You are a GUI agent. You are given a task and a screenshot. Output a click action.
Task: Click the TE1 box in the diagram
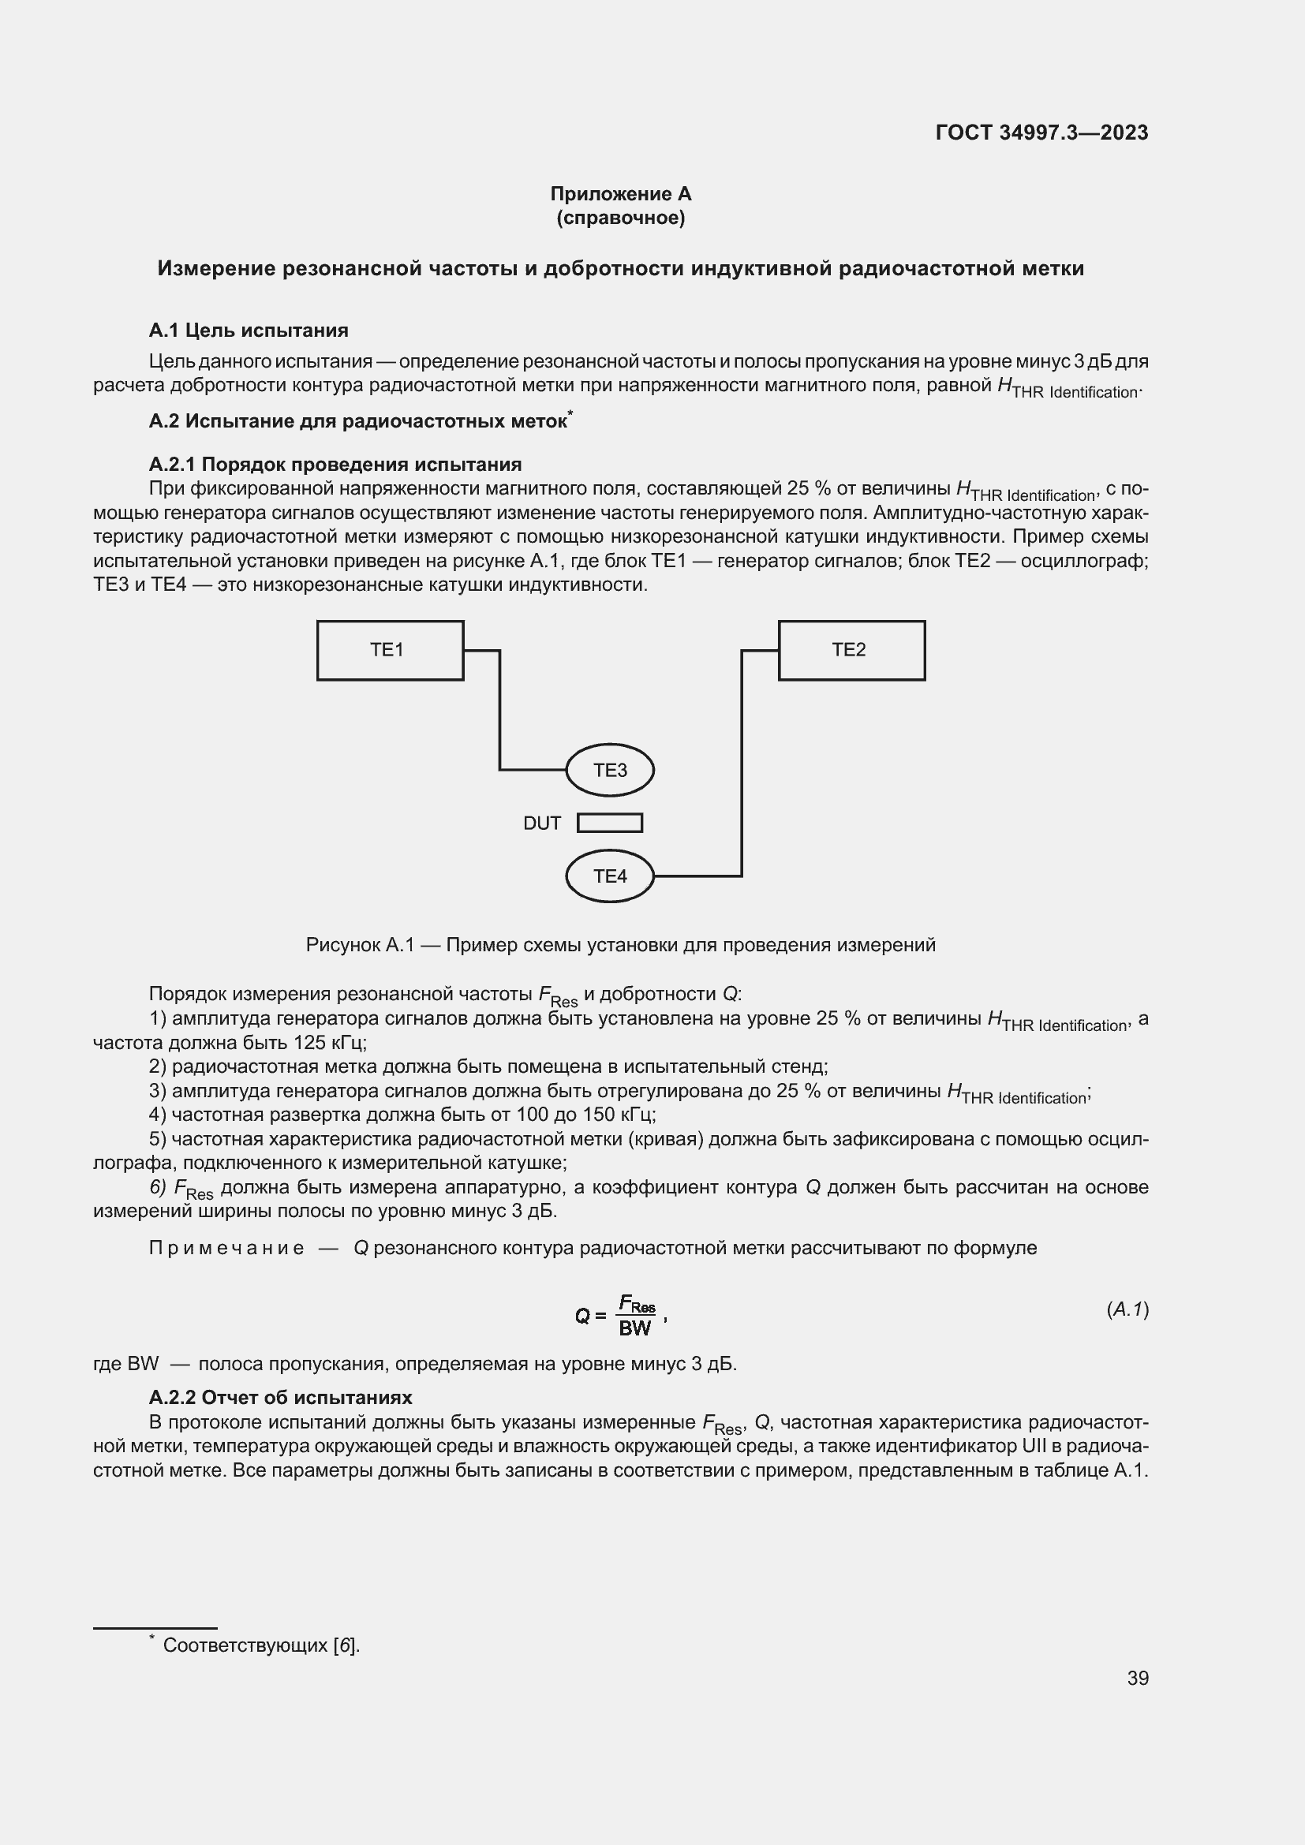(390, 650)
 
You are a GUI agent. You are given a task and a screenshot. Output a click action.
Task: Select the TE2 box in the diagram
(851, 650)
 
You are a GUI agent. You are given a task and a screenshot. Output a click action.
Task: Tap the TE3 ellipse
(610, 770)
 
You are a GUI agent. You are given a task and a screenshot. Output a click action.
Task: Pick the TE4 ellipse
(610, 876)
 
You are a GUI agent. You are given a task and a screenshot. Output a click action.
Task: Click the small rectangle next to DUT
(610, 823)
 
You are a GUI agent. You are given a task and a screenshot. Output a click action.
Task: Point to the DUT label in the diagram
(541, 824)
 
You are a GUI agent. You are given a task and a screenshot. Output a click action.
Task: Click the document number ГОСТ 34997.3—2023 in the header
(1041, 133)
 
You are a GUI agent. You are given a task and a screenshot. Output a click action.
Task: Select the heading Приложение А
(620, 194)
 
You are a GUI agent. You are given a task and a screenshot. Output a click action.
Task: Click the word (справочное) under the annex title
(620, 218)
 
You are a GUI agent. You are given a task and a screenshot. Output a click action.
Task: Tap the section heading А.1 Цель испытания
(249, 331)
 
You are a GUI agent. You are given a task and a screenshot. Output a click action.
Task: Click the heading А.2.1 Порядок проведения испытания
(335, 464)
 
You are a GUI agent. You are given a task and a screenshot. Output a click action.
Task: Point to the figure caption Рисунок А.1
(620, 945)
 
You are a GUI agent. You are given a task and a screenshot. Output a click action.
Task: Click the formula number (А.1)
(1127, 1309)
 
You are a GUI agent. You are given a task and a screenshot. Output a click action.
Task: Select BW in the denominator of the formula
(635, 1328)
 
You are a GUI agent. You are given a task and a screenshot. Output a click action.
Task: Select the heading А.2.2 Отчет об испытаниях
(280, 1397)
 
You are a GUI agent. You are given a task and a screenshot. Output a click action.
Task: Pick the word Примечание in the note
(226, 1248)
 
